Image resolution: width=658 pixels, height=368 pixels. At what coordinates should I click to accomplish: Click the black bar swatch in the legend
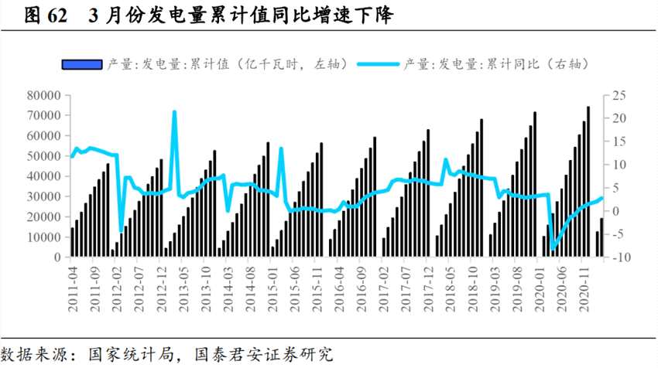[81, 63]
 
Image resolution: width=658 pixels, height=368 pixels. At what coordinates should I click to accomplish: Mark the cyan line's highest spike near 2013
[174, 112]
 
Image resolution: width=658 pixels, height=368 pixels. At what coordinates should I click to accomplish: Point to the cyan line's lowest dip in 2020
[552, 250]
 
